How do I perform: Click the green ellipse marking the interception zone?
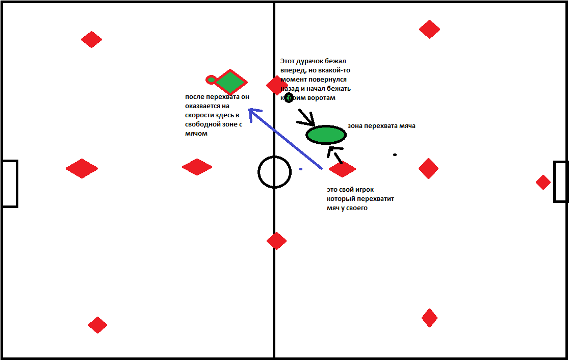pos(326,135)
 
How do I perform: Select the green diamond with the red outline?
pos(230,82)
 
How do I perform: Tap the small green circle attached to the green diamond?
pos(211,80)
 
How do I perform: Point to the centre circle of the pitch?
pos(274,172)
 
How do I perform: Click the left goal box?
pos(10,184)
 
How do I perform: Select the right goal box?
pos(560,182)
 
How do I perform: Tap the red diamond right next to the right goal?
pos(543,182)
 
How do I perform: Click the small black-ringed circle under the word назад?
pos(289,98)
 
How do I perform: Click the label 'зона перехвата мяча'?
pos(381,126)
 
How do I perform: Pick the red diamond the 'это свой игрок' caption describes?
pos(342,169)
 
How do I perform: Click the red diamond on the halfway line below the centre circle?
pos(276,241)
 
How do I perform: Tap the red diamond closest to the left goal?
pos(82,168)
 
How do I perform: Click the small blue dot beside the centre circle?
pos(301,169)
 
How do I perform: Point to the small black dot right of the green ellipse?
pos(395,155)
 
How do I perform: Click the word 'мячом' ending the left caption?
pos(196,134)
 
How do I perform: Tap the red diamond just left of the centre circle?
pos(197,167)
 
